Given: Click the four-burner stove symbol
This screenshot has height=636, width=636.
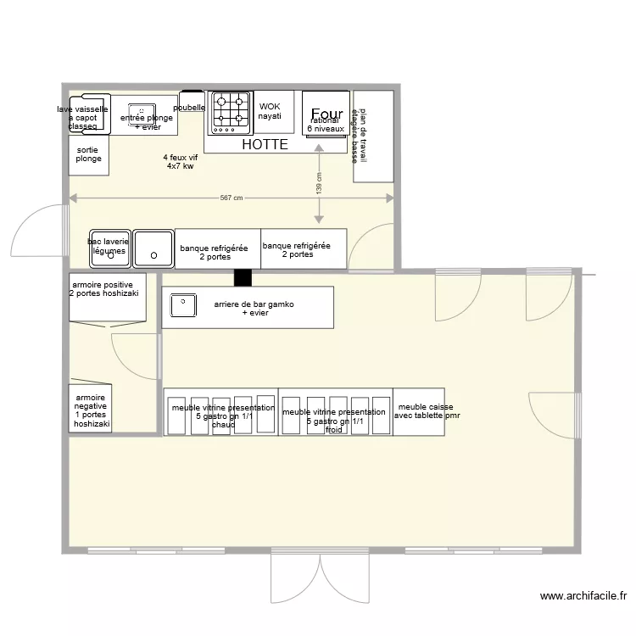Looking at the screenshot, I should [x=231, y=113].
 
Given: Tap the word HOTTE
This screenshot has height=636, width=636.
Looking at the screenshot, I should [x=265, y=145].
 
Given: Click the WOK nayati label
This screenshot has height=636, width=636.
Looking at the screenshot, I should [x=270, y=111].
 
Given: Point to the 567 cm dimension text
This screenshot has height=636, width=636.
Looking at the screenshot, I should [x=232, y=198].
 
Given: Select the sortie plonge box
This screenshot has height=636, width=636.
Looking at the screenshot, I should [x=88, y=155].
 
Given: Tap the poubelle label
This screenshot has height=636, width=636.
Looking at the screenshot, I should [x=190, y=108].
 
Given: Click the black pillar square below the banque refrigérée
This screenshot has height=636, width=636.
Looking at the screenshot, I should [x=243, y=277].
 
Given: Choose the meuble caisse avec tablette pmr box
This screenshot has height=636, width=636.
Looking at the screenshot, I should [x=419, y=412].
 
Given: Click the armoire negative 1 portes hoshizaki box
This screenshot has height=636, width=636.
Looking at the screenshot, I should [x=91, y=409].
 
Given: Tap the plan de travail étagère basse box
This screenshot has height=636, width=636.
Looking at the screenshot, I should [x=373, y=136].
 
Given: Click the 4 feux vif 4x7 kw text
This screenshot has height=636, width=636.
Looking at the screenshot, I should [x=180, y=162].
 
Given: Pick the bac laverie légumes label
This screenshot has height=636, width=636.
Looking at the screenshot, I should [x=108, y=246].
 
